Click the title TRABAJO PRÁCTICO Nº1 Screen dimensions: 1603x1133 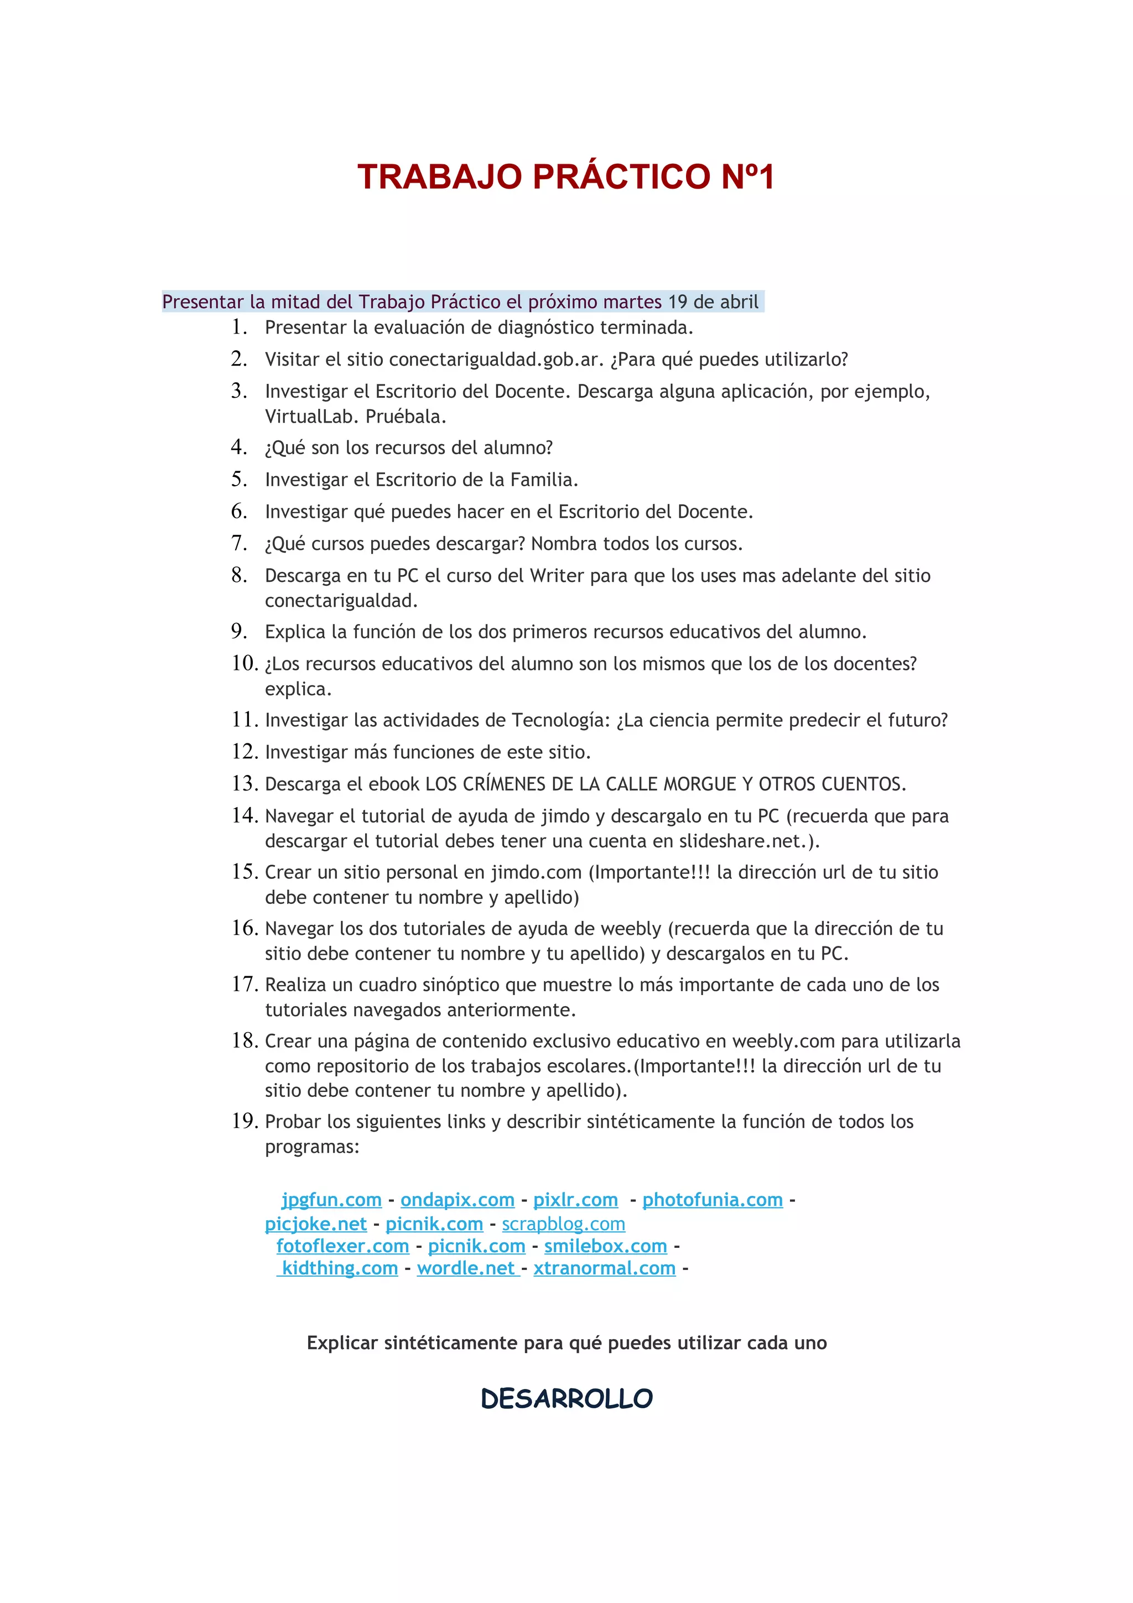click(565, 176)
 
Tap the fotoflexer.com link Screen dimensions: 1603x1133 click(342, 1246)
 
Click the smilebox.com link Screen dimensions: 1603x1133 click(605, 1246)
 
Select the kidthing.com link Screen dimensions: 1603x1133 click(339, 1268)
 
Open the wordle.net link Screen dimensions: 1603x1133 click(466, 1268)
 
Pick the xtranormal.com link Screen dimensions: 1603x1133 click(605, 1268)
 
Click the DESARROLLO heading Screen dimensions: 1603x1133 click(566, 1398)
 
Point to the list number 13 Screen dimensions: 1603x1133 click(245, 783)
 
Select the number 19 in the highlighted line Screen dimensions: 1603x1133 click(677, 301)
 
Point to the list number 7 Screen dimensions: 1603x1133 click(239, 543)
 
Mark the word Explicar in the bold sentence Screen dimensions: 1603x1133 click(342, 1342)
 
